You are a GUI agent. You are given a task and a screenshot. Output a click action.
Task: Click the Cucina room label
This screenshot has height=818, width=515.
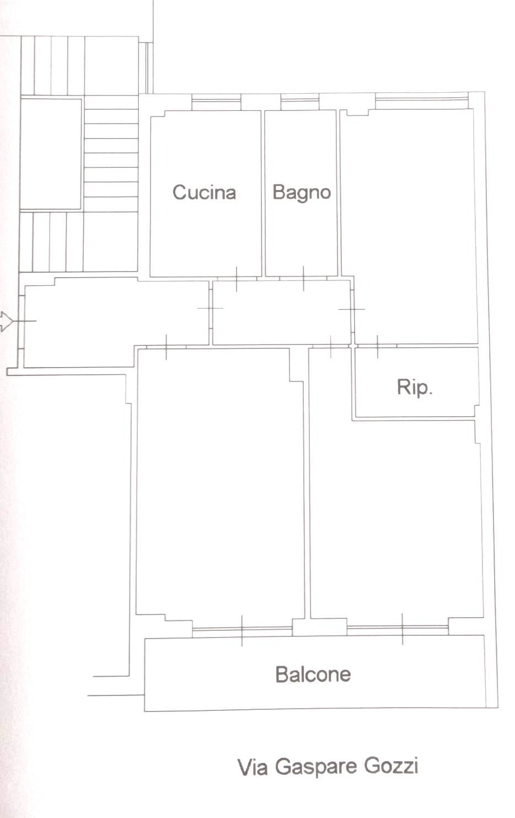point(204,193)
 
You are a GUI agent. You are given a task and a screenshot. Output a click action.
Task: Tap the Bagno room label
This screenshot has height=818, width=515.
point(302,193)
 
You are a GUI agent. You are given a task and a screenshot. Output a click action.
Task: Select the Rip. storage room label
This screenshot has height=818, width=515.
point(415,387)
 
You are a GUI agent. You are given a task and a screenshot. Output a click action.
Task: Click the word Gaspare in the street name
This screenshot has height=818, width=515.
point(315,767)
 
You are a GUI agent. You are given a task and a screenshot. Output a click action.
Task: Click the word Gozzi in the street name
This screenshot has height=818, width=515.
point(391,766)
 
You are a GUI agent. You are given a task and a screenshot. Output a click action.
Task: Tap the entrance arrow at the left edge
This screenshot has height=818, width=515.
point(6,321)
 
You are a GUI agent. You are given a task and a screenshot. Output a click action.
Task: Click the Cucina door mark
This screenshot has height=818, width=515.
point(237,279)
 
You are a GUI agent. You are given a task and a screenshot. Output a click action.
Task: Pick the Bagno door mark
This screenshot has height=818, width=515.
point(303,279)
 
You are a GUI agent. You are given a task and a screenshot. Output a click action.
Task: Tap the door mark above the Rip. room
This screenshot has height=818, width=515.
point(378,346)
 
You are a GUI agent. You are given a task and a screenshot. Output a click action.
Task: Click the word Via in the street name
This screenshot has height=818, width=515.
point(253,768)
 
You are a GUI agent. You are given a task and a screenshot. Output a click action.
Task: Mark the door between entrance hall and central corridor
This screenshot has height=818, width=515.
point(211,309)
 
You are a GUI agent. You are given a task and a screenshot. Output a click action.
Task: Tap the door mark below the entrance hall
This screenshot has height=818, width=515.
point(167,347)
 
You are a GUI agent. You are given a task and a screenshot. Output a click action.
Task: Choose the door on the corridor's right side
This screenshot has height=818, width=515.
point(352,310)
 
